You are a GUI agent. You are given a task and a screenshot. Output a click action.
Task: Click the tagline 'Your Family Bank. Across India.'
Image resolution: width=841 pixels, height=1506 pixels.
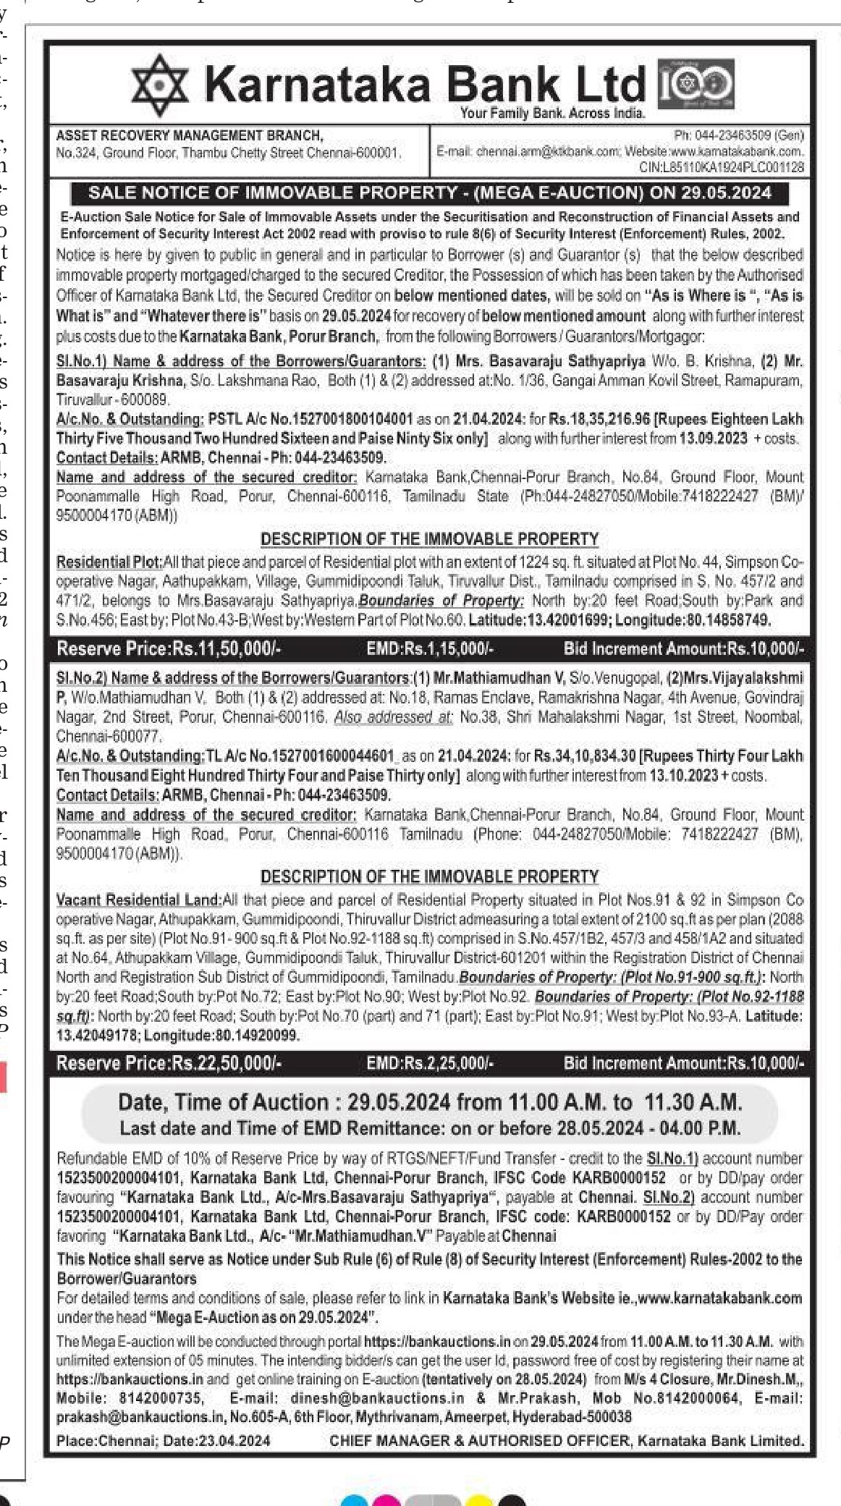(x=552, y=114)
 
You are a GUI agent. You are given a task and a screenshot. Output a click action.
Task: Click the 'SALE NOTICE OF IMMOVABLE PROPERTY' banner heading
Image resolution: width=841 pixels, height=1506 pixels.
(x=430, y=193)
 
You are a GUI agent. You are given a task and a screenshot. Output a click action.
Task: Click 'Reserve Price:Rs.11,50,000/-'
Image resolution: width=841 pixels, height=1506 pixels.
(x=169, y=648)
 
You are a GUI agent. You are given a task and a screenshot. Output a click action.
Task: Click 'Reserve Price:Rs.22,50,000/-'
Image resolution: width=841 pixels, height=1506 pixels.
(x=169, y=1063)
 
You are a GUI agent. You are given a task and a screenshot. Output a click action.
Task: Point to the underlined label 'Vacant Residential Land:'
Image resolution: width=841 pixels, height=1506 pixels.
(x=139, y=900)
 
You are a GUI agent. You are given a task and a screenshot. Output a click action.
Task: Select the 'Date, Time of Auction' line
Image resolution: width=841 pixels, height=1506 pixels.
(x=430, y=1102)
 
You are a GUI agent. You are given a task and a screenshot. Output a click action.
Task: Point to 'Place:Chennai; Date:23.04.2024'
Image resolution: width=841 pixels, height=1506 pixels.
(x=163, y=1440)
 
